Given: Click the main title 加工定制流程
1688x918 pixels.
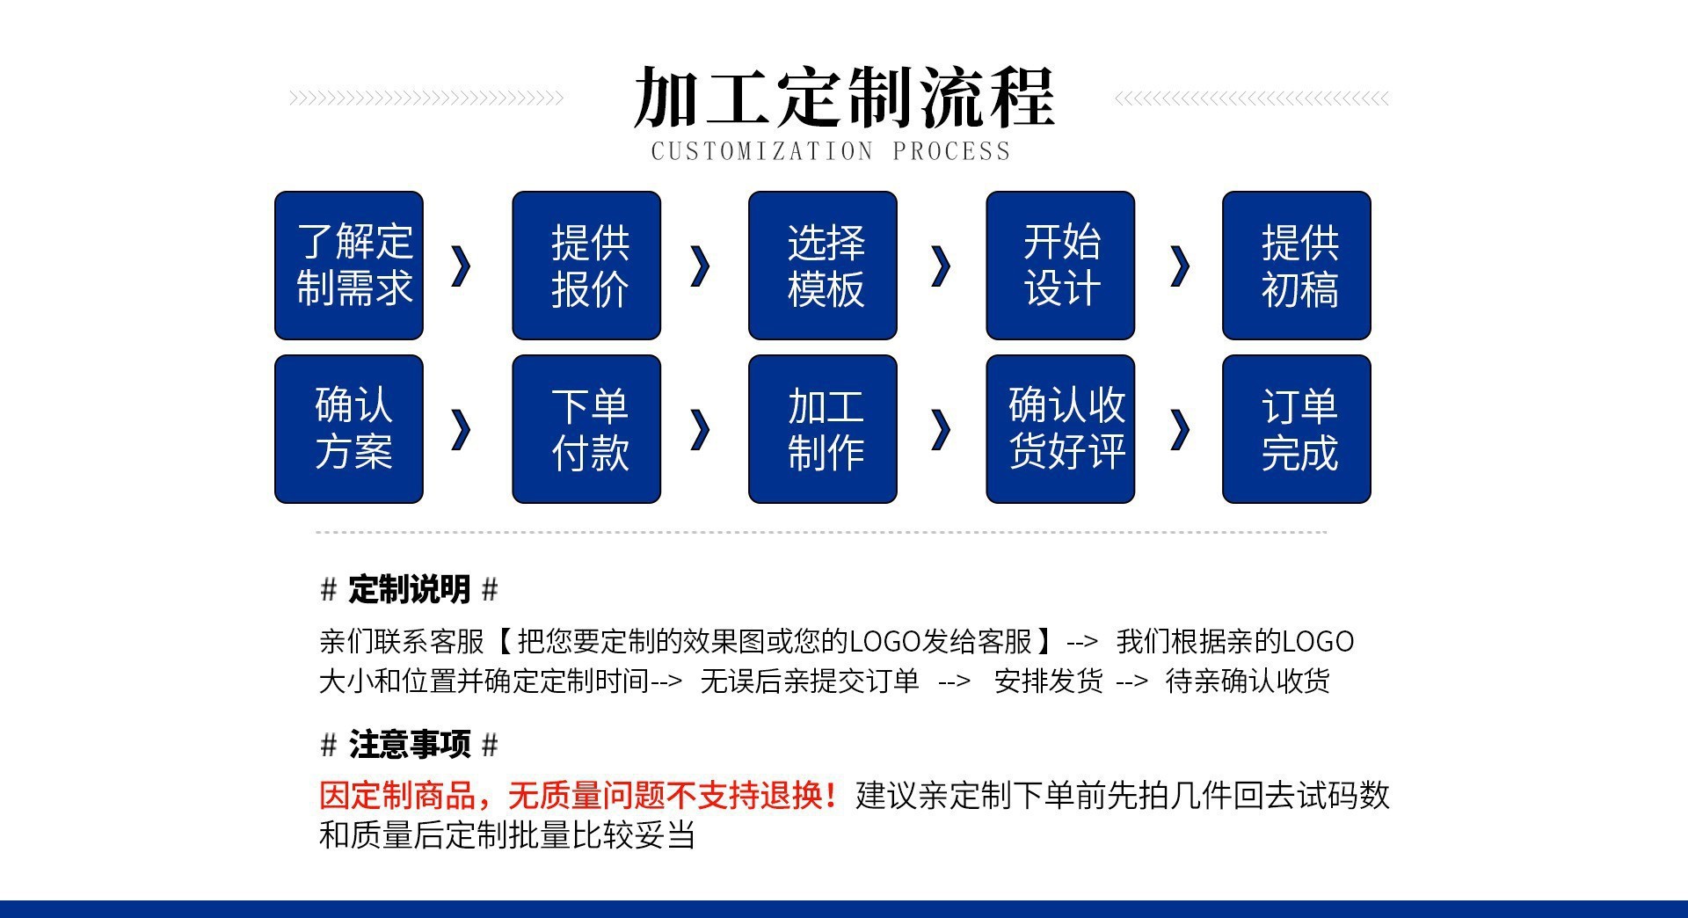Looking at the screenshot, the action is [843, 97].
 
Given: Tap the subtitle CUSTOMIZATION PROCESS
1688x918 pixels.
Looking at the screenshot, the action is [831, 151].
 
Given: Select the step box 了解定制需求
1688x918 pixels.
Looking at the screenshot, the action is [349, 266].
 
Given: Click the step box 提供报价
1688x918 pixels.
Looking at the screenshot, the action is [586, 266].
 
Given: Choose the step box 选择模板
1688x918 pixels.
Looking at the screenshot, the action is [823, 266].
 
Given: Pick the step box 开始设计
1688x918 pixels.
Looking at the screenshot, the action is [1060, 266].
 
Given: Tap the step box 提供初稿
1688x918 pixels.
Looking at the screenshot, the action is [1297, 266].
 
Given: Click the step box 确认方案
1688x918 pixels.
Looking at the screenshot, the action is [349, 429].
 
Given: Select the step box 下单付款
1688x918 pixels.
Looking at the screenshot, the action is [586, 429].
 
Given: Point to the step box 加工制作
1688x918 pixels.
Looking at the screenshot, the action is [823, 429].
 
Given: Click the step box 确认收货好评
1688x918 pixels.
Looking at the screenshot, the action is [1060, 429].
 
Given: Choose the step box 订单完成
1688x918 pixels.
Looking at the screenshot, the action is [1297, 429].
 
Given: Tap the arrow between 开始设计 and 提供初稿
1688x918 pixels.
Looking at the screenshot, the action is [1182, 266].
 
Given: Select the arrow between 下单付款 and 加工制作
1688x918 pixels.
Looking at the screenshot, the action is [702, 430].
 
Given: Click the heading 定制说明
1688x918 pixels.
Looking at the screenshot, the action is [410, 589].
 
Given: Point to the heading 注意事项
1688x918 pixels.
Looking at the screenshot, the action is [410, 745].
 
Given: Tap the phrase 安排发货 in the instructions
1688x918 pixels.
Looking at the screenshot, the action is [1048, 681].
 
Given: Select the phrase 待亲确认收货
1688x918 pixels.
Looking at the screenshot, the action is [1247, 681].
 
